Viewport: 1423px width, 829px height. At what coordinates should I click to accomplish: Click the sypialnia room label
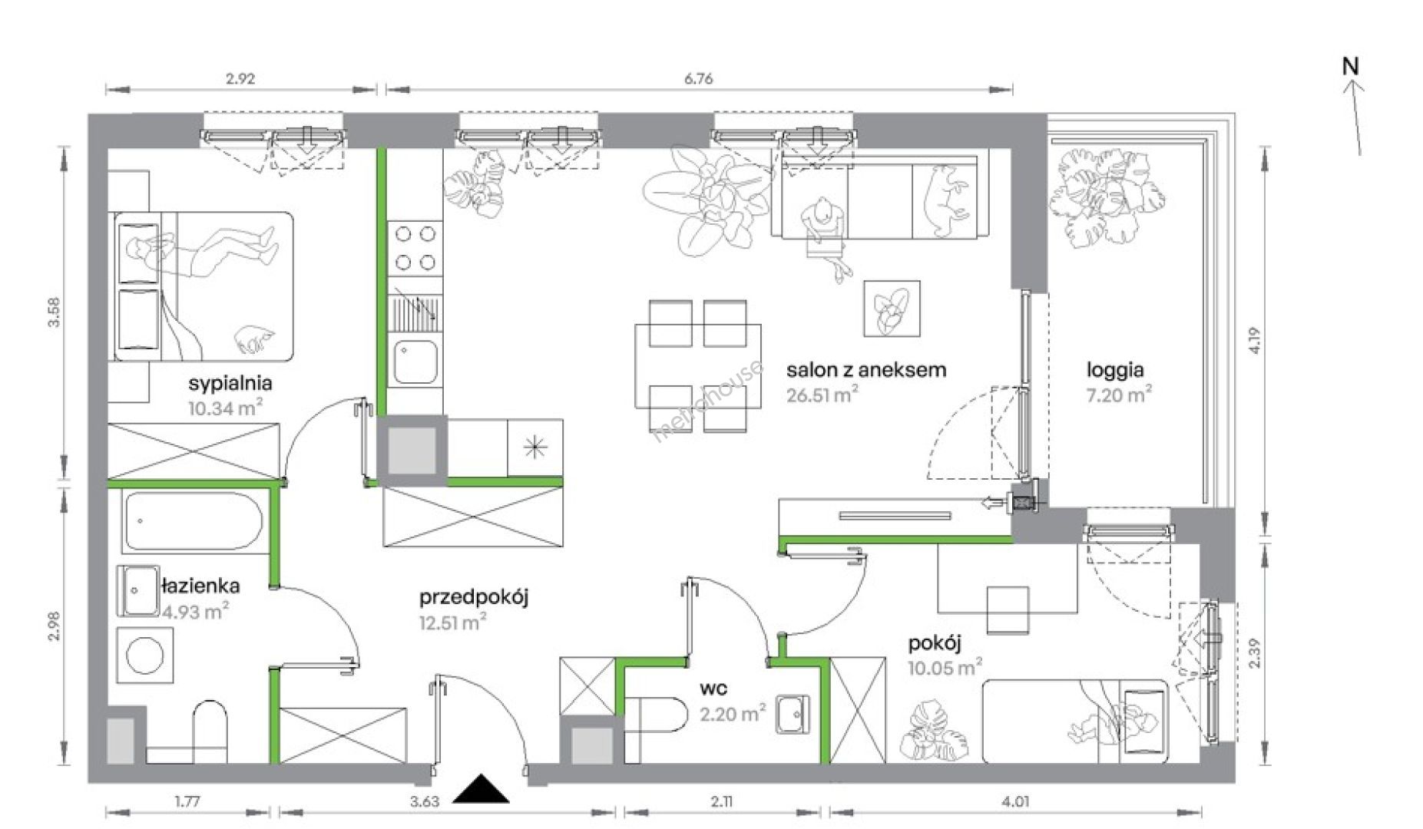[230, 383]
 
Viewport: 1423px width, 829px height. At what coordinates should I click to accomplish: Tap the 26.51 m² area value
[822, 395]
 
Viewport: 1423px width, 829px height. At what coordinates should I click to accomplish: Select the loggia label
[1115, 371]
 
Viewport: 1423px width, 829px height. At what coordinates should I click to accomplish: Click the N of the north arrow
[1350, 67]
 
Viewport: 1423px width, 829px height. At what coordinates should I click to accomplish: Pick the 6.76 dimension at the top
[698, 78]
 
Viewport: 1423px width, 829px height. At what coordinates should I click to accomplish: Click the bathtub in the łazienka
[194, 521]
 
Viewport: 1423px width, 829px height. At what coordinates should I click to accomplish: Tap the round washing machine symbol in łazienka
[145, 656]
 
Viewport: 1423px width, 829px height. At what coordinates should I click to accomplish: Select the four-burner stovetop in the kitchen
[415, 248]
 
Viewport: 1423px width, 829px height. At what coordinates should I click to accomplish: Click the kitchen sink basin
[415, 362]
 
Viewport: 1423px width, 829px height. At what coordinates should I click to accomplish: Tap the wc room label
[713, 689]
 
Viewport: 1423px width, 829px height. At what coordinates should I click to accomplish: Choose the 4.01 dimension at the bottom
[1015, 802]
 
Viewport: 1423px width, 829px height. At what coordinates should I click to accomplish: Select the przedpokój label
[474, 598]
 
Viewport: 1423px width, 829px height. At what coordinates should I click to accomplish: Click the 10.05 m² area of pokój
[945, 667]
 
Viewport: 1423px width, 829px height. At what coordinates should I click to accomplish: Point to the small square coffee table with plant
[892, 309]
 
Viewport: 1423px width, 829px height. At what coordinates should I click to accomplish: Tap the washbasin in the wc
[792, 715]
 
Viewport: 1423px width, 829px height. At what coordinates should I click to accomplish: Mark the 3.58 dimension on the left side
[54, 312]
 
